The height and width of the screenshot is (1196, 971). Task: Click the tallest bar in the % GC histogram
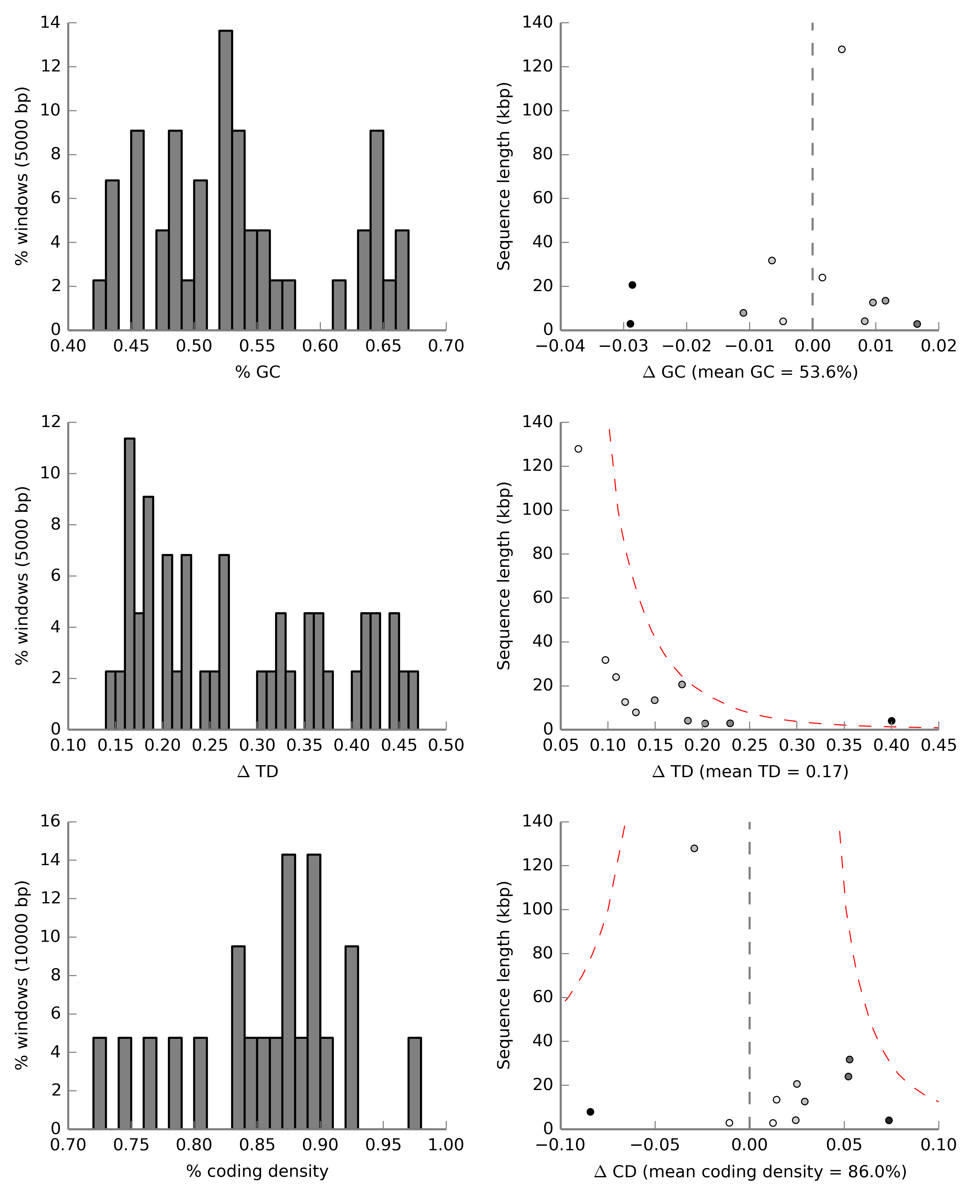point(225,179)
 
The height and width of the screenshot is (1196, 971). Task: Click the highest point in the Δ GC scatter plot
point(842,49)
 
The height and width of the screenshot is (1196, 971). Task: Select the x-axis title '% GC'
point(257,372)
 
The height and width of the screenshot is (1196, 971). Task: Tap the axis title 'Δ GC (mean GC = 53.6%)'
point(750,372)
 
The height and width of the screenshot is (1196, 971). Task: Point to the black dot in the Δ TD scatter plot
point(892,721)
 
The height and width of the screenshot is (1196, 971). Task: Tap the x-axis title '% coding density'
point(257,1171)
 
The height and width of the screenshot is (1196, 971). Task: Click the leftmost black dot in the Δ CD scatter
point(590,1112)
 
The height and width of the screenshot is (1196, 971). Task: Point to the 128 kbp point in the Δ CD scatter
point(694,848)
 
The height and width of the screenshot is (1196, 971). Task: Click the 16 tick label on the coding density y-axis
point(50,821)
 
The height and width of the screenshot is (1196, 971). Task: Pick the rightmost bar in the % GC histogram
point(402,280)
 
